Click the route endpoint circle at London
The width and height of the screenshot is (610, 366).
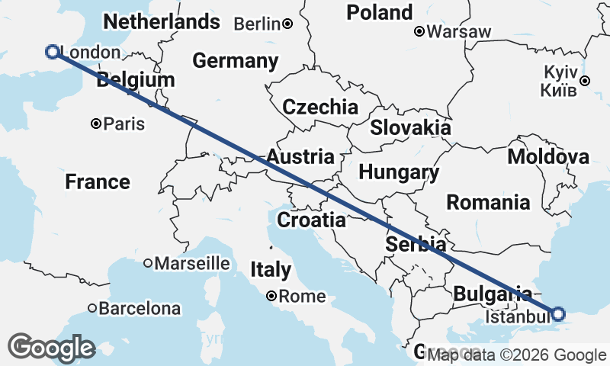[53, 52]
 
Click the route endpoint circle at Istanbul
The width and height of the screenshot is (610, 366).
[558, 313]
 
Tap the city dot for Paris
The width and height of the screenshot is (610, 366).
[96, 124]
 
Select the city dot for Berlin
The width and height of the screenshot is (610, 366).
[287, 24]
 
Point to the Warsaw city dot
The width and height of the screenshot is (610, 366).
[419, 32]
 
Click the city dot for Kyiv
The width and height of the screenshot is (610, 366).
[584, 81]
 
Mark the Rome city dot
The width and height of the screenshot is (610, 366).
[271, 296]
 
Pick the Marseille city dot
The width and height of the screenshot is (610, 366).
[148, 263]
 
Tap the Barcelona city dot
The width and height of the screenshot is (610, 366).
[92, 309]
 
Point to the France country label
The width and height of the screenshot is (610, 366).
[97, 182]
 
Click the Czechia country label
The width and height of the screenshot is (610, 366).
[319, 107]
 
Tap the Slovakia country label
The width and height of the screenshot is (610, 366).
[410, 127]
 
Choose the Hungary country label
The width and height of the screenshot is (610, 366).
[399, 173]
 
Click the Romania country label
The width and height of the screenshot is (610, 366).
[488, 203]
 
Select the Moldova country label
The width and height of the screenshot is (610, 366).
[548, 157]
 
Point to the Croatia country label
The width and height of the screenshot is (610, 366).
[311, 221]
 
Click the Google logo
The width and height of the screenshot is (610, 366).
[52, 347]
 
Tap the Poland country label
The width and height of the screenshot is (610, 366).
[379, 12]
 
